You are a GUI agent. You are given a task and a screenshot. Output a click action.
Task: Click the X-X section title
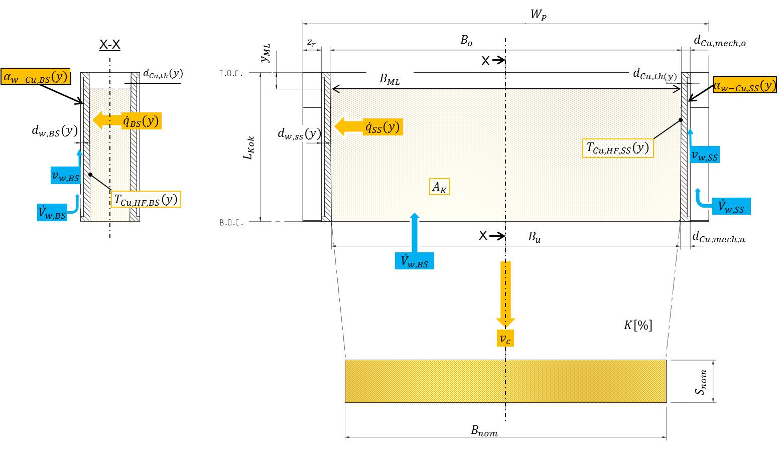coord(110,45)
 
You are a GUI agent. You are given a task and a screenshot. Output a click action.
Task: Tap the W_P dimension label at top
coord(538,15)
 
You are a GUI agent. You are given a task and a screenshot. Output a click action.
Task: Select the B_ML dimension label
coord(389,79)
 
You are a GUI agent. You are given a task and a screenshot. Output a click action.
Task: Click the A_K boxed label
coord(440,188)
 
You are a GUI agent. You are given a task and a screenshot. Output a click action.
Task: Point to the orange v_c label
coord(505,339)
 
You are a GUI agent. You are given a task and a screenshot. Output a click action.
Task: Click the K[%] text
coord(638,325)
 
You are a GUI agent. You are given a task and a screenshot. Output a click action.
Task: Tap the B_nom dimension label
coord(484,430)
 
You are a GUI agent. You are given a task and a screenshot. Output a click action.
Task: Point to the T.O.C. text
coord(231,73)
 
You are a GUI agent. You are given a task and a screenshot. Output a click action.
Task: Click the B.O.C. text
coord(231,222)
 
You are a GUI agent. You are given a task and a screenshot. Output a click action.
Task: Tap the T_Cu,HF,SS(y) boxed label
coord(618,148)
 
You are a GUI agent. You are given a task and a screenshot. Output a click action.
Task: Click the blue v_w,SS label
coord(705,156)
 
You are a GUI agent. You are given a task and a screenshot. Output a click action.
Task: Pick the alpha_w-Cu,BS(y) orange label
coord(35,77)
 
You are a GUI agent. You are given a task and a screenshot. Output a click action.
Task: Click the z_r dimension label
coord(311,43)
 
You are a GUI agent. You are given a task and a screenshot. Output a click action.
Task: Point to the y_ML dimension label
coord(266,53)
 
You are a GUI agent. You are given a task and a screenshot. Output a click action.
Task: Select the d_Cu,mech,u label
coord(719,238)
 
